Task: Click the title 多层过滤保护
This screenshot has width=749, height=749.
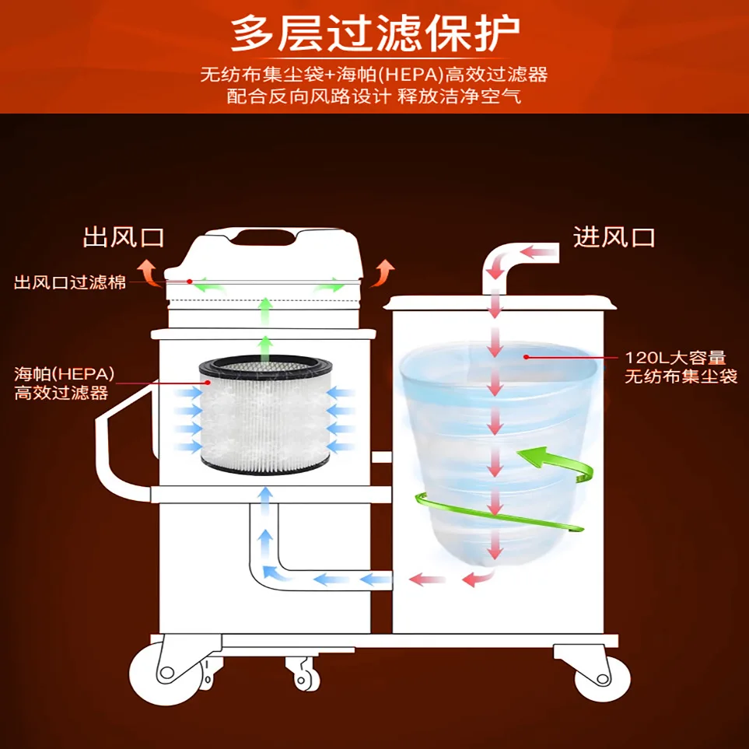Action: (375, 33)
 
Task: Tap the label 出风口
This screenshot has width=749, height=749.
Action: (124, 236)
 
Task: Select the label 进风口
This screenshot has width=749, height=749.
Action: (614, 236)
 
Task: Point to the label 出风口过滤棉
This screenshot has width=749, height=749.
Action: (70, 282)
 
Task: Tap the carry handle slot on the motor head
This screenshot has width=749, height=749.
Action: (266, 235)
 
